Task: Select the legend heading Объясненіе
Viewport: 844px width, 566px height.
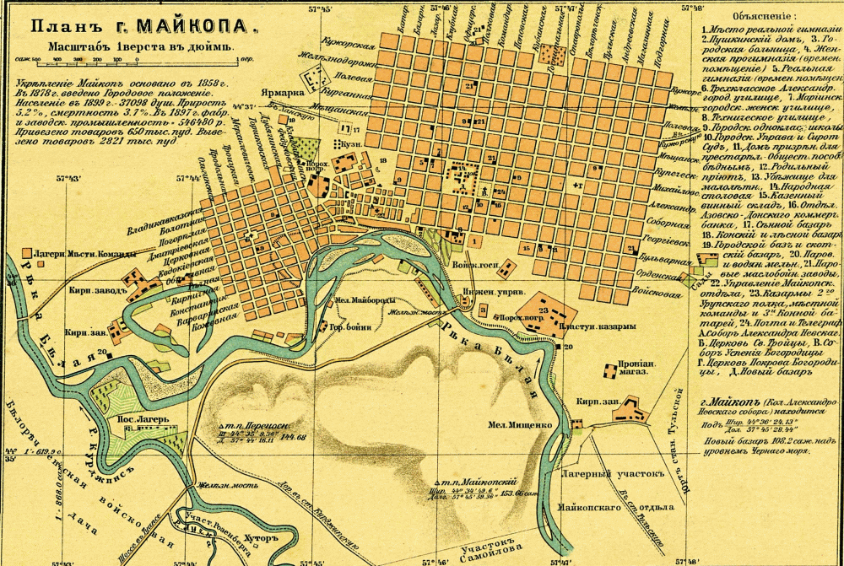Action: [759, 15]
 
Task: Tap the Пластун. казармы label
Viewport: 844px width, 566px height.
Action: [583, 325]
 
